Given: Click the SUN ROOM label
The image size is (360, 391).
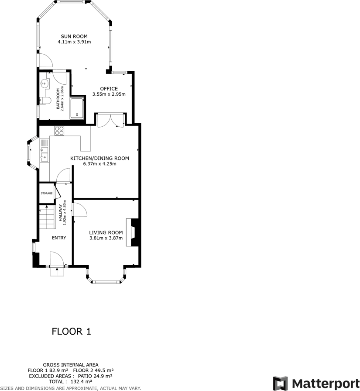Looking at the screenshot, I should [x=74, y=36].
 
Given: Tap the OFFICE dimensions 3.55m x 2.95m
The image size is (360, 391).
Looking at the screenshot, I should [x=109, y=94].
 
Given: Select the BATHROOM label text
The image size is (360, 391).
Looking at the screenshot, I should [x=58, y=100].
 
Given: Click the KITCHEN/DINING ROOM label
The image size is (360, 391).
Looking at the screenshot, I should [x=100, y=158].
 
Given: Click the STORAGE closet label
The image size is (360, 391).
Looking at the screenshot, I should [x=47, y=193].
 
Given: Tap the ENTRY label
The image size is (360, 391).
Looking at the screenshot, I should [x=59, y=238].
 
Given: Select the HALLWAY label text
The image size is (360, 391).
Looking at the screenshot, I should [x=61, y=214].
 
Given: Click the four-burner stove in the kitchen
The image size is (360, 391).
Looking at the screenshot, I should [x=59, y=130].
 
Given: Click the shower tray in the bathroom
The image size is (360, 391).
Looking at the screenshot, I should [x=77, y=108].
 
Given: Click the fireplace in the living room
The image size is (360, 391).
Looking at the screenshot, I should [x=134, y=232].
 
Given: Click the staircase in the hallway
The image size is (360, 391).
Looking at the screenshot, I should [x=46, y=217].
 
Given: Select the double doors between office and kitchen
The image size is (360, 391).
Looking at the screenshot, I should [x=111, y=121].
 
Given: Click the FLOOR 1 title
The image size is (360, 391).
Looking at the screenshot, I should [x=72, y=331].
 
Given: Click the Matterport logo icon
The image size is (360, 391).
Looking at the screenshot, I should [x=281, y=383].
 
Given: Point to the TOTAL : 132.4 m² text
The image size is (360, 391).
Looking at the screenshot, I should [x=70, y=381].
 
